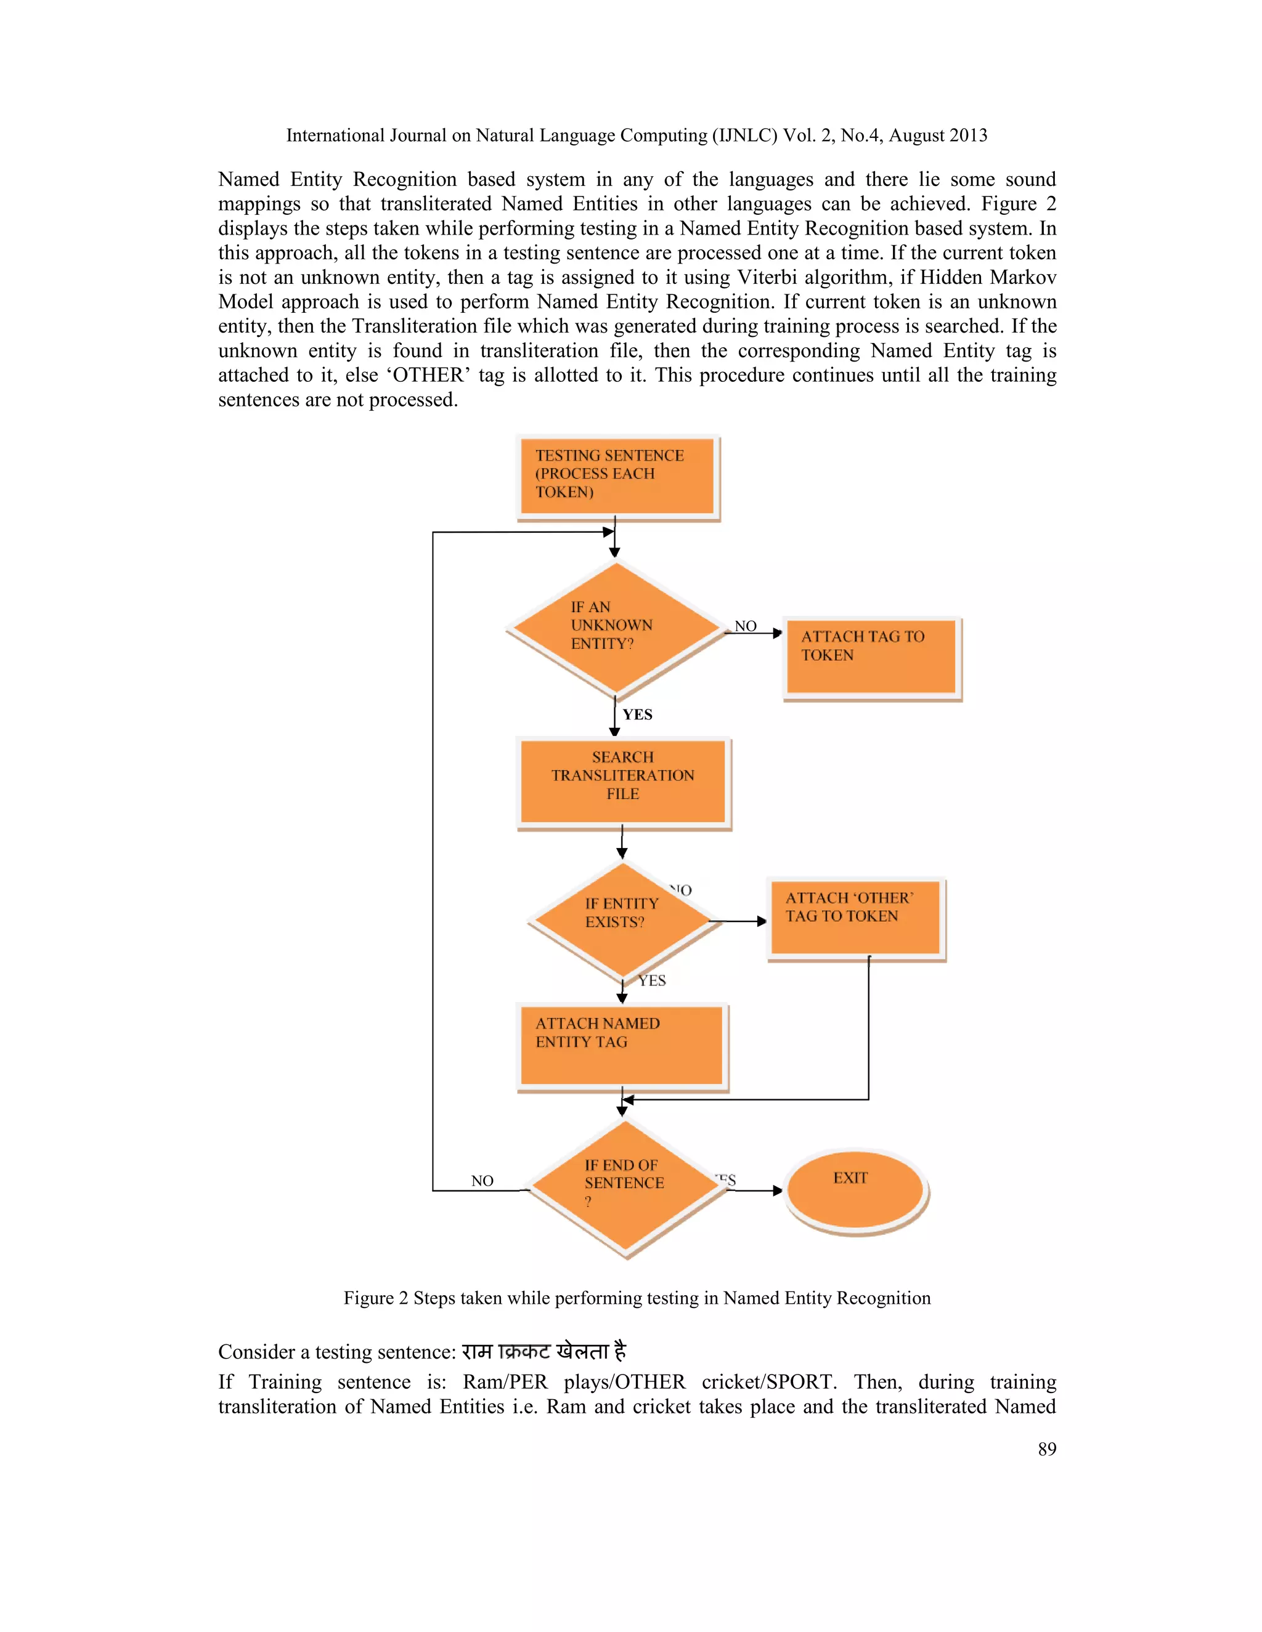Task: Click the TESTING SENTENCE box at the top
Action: [x=617, y=475]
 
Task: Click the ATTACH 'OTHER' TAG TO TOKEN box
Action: [x=855, y=917]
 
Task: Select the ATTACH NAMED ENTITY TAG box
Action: [x=621, y=1044]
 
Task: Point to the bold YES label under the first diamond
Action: [x=637, y=714]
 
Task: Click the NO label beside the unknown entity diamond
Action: [x=746, y=626]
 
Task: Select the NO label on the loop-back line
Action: [x=482, y=1181]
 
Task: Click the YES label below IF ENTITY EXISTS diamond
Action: [x=652, y=980]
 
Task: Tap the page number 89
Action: [x=1047, y=1449]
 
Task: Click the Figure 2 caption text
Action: [x=637, y=1298]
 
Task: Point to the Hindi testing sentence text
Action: [x=543, y=1351]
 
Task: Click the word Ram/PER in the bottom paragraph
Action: [x=505, y=1382]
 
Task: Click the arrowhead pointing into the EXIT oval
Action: [x=778, y=1190]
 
